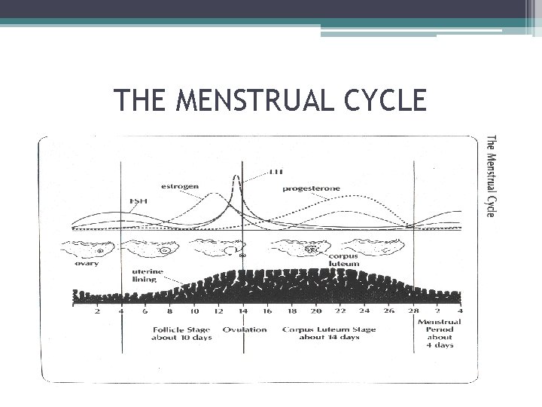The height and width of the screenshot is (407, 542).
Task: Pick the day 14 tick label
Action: (x=242, y=311)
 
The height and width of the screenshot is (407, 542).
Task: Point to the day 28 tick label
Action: (x=413, y=311)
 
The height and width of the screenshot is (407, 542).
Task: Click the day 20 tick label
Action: (x=315, y=311)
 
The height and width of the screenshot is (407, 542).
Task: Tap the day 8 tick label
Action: (x=169, y=311)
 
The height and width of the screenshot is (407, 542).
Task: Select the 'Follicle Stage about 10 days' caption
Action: (x=181, y=333)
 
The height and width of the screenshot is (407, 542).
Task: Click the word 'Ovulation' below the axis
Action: (x=244, y=329)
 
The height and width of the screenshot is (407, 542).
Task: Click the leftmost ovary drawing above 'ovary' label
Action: (x=93, y=248)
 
